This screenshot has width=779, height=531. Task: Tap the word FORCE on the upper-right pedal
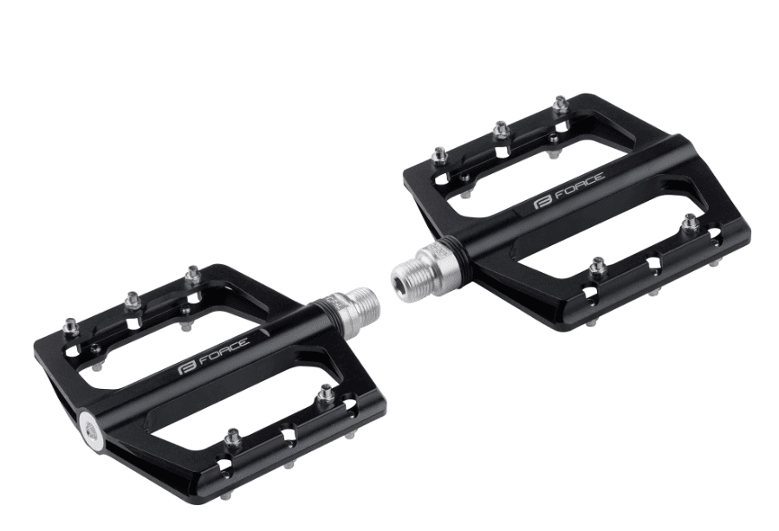click(x=580, y=185)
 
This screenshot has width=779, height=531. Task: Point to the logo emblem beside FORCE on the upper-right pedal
click(x=543, y=202)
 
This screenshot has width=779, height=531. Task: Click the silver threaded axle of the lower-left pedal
click(x=352, y=312)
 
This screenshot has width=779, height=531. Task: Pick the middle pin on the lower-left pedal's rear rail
click(x=133, y=301)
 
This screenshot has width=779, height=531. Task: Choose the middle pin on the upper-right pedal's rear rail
click(x=499, y=131)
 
